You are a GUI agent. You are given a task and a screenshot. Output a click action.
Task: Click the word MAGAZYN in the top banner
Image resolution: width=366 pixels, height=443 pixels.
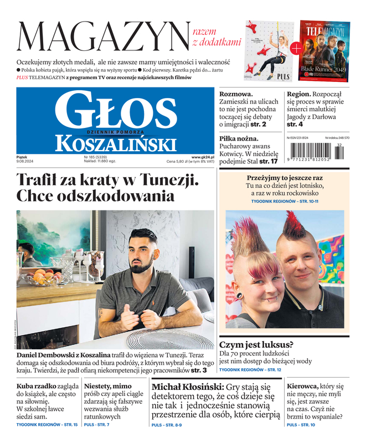104,37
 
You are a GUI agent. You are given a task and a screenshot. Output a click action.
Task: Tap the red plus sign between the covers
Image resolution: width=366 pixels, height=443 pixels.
296,49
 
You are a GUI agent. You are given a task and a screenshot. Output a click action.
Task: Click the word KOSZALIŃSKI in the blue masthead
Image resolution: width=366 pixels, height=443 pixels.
115,144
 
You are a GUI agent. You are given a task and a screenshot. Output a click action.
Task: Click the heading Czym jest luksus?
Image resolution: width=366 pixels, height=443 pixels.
256,344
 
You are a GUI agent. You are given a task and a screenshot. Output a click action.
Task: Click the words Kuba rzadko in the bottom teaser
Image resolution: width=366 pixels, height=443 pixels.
36,386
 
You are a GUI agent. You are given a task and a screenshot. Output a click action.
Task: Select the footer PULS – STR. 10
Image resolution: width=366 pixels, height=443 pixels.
301,425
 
